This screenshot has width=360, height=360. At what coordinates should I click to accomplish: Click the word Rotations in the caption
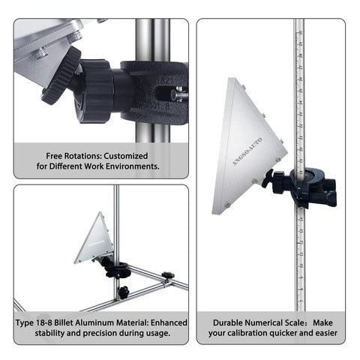[x=83, y=156]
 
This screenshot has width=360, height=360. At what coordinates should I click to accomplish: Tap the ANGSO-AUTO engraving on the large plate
[x=247, y=151]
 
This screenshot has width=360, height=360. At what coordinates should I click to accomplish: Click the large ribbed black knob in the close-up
[x=61, y=76]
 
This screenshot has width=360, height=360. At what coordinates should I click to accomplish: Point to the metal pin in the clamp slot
[x=178, y=94]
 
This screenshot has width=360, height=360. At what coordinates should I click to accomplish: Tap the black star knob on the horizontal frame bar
[x=168, y=275]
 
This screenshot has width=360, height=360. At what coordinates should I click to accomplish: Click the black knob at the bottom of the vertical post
[x=124, y=292]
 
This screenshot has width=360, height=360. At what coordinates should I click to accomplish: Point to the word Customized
[x=126, y=156]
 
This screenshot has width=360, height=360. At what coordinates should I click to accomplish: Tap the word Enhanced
[x=169, y=322]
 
